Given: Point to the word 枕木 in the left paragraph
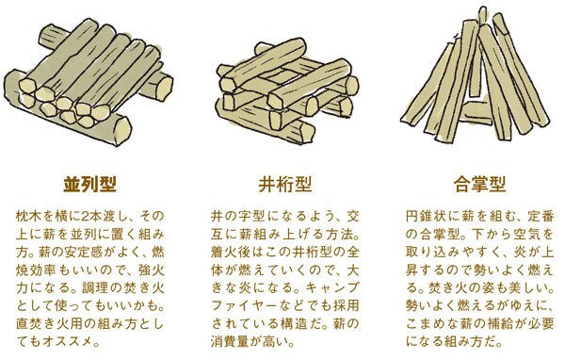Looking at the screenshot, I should point(29,214).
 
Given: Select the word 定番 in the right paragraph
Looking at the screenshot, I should point(534,214).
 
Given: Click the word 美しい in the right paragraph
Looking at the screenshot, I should point(521,287).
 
